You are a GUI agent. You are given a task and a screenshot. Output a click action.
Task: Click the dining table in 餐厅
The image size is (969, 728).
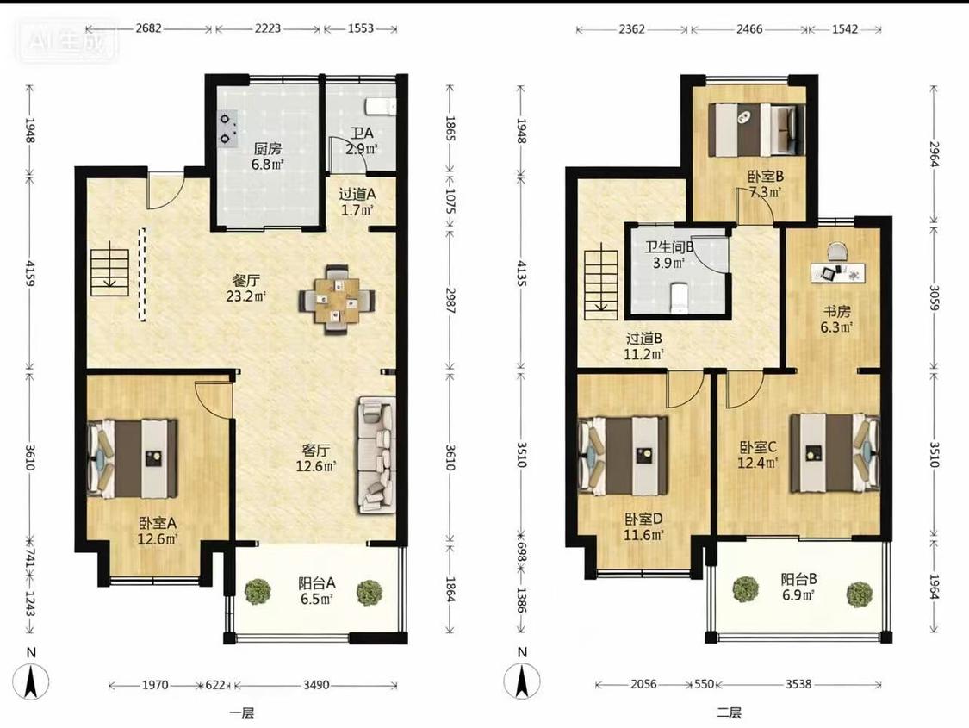(337, 301)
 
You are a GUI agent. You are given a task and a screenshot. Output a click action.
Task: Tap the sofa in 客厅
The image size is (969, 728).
(376, 455)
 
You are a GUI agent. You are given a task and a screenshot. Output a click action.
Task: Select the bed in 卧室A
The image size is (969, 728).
(133, 458)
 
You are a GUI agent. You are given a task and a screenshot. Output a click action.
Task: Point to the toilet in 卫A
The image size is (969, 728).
(380, 106)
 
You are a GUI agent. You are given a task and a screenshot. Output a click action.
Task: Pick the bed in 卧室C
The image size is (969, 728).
(835, 453)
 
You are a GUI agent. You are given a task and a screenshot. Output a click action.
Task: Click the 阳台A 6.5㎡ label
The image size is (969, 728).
(317, 591)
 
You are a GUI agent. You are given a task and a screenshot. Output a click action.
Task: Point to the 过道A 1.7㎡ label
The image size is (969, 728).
(357, 202)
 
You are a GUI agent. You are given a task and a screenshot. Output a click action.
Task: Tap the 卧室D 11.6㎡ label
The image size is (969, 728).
(643, 526)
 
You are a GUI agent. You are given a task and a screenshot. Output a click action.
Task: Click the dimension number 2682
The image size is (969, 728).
(148, 28)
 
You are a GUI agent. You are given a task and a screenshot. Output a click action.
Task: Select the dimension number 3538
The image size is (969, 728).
(798, 684)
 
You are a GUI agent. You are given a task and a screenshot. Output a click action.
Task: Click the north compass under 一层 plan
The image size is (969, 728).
(31, 681)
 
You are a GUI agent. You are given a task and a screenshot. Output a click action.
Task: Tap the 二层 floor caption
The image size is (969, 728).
(729, 712)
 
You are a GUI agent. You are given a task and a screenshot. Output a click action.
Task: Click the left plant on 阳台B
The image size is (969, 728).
(745, 589)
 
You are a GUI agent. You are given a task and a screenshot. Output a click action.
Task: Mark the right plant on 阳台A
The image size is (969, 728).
(369, 592)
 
